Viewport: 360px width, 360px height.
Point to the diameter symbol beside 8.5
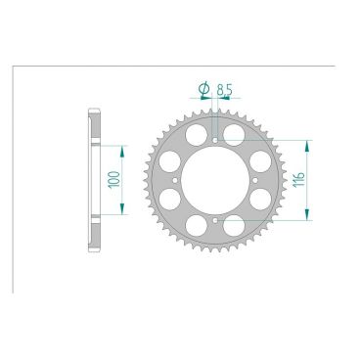[203, 89]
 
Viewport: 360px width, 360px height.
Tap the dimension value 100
[114, 179]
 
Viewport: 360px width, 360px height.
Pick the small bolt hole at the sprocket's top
[213, 140]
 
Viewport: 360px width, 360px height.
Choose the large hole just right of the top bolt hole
[234, 133]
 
